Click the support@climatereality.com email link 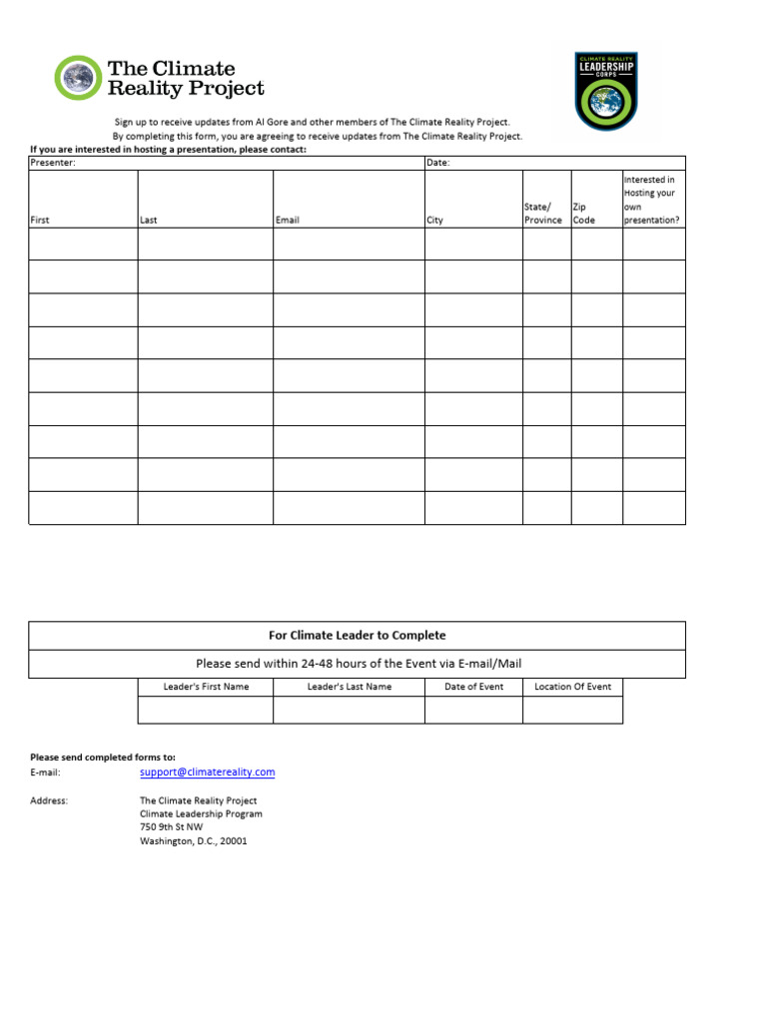(x=207, y=772)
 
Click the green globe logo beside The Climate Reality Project (x=78, y=78)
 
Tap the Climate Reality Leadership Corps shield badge (x=606, y=92)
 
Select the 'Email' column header (x=287, y=221)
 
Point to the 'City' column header (x=434, y=221)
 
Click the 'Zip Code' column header (x=584, y=214)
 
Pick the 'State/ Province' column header (x=542, y=214)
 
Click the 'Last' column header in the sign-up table (x=149, y=221)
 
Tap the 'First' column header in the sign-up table (x=40, y=221)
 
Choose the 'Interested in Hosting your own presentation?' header (x=650, y=200)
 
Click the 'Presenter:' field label (x=53, y=163)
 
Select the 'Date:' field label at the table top (x=438, y=163)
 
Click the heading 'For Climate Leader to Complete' (x=357, y=635)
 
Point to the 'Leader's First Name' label (x=206, y=687)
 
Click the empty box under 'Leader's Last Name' (x=349, y=710)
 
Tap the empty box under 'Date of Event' (x=473, y=710)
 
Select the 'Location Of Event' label (x=572, y=687)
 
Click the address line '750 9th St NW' (x=171, y=827)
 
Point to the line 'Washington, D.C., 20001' (x=193, y=841)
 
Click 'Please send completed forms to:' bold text (x=102, y=758)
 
